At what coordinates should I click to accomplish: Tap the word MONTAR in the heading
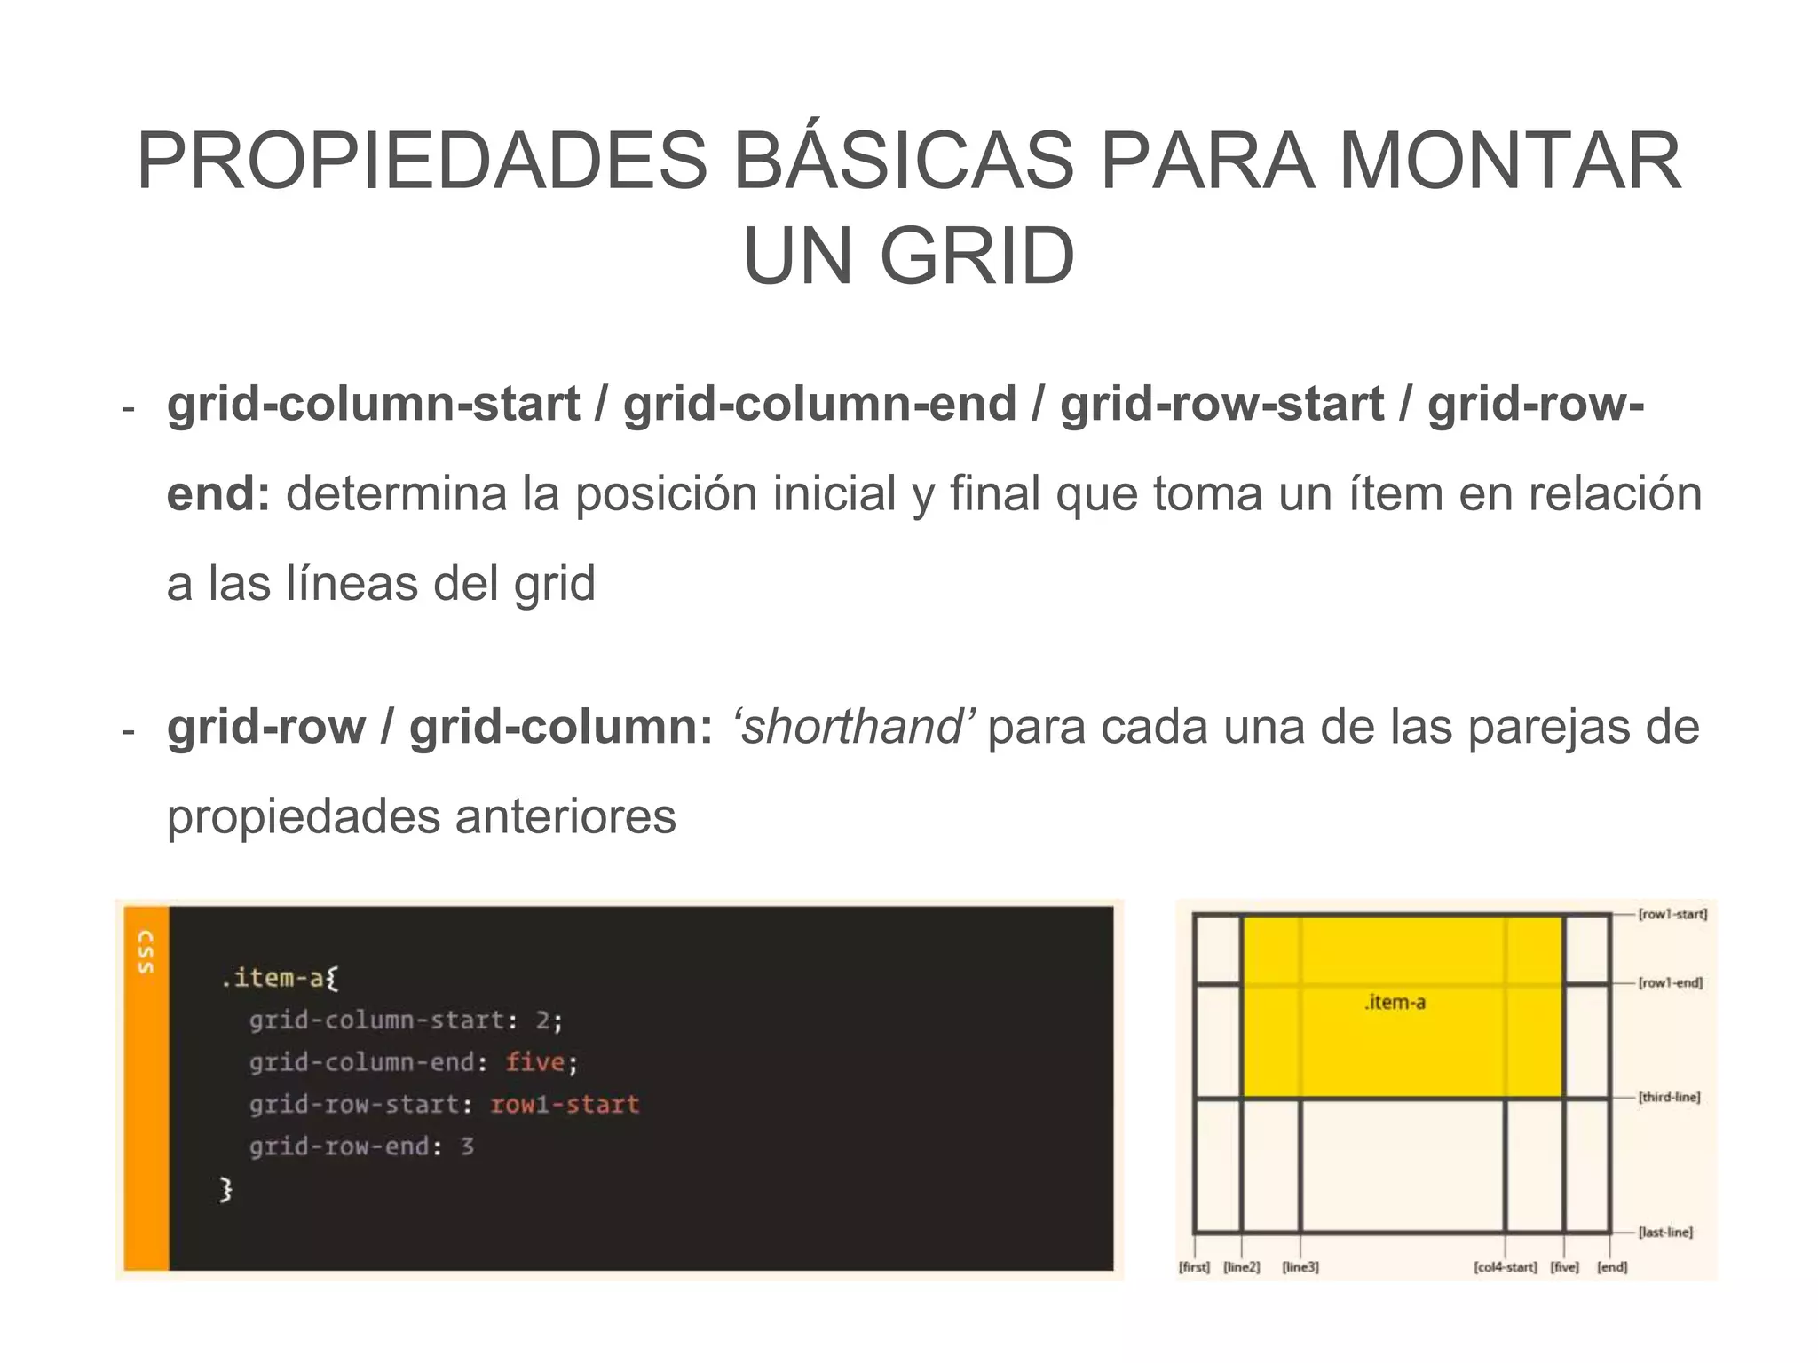pyautogui.click(x=1509, y=161)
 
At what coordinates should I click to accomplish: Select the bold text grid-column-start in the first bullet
pyautogui.click(x=373, y=404)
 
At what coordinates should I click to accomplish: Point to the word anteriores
pyautogui.click(x=565, y=816)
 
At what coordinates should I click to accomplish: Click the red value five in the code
pyautogui.click(x=535, y=1062)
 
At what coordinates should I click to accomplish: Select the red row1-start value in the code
pyautogui.click(x=565, y=1105)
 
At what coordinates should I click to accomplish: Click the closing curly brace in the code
pyautogui.click(x=225, y=1189)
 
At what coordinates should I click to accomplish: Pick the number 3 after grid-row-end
pyautogui.click(x=467, y=1146)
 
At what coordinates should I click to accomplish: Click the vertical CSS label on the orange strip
pyautogui.click(x=146, y=952)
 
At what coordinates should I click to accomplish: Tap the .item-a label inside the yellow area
pyautogui.click(x=1395, y=1003)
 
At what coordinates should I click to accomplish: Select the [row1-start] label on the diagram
pyautogui.click(x=1672, y=914)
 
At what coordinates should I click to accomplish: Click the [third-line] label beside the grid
pyautogui.click(x=1669, y=1098)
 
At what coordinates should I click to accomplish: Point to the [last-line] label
pyautogui.click(x=1665, y=1233)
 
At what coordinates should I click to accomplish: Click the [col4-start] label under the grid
pyautogui.click(x=1505, y=1267)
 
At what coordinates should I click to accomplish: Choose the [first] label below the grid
pyautogui.click(x=1194, y=1267)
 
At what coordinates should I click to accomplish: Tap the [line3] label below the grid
pyautogui.click(x=1300, y=1267)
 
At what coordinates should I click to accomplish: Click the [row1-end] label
pyautogui.click(x=1670, y=983)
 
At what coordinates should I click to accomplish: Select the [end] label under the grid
pyautogui.click(x=1612, y=1267)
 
